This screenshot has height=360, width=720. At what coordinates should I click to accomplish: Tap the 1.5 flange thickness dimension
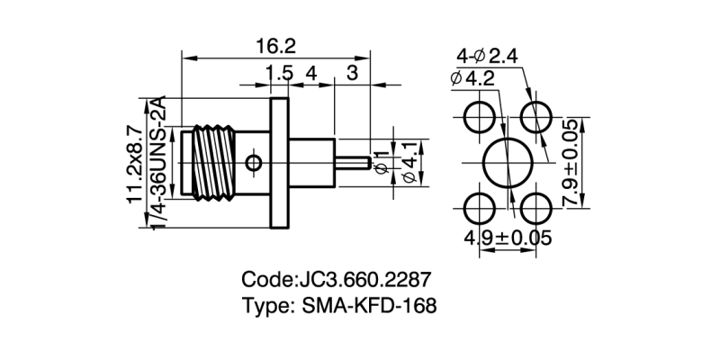coord(280,73)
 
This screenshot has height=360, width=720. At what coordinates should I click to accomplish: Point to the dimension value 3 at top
coord(352,73)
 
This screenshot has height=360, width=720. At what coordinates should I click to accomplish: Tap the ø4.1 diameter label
coord(409,163)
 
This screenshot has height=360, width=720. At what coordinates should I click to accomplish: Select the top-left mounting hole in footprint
coord(478,116)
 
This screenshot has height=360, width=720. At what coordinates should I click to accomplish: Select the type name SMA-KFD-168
coord(364,306)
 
